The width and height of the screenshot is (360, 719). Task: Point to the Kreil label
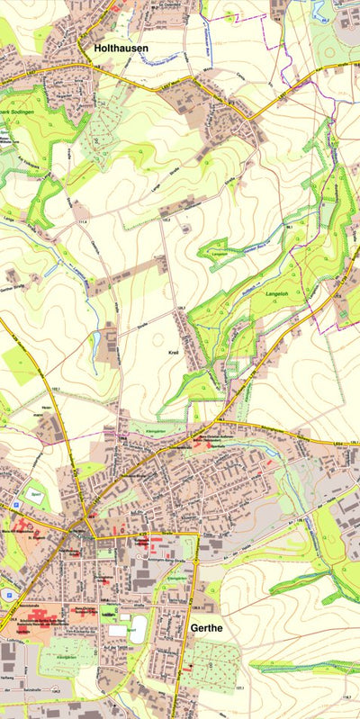pyautogui.click(x=175, y=354)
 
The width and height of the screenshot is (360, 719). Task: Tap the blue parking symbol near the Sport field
pyautogui.click(x=18, y=508)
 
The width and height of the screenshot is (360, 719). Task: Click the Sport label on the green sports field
pyautogui.click(x=34, y=494)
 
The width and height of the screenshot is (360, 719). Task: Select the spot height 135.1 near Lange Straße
pyautogui.click(x=166, y=218)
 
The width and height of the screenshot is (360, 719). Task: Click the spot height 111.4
pyautogui.click(x=84, y=219)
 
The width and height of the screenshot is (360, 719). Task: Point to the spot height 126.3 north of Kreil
pyautogui.click(x=180, y=309)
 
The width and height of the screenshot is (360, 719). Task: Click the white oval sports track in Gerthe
pyautogui.click(x=139, y=630)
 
